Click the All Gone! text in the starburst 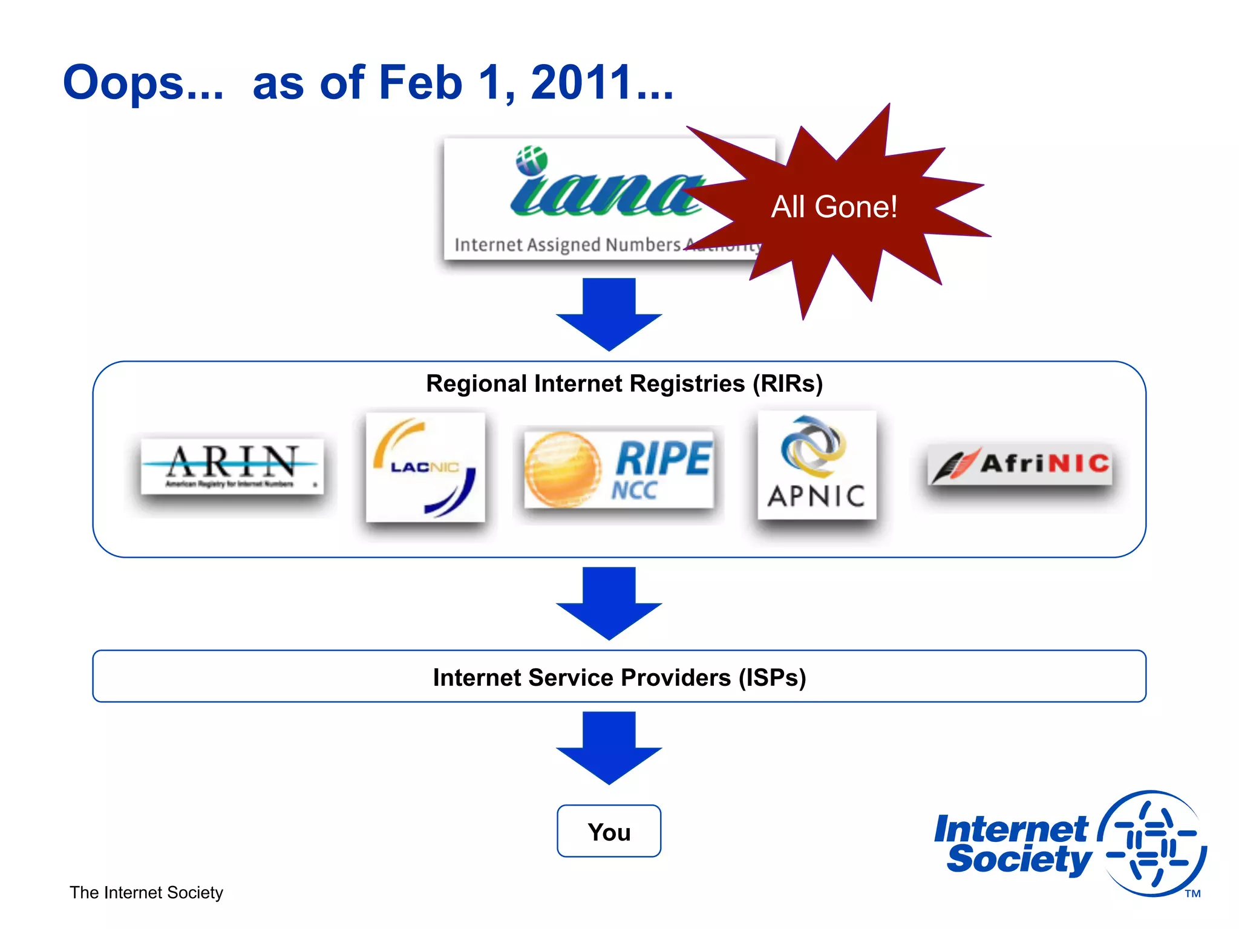(x=834, y=207)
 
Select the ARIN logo (x=232, y=466)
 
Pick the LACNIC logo (x=425, y=467)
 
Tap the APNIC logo (x=817, y=464)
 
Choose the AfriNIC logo (x=1020, y=464)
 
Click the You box (x=609, y=831)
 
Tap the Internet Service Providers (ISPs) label (x=619, y=677)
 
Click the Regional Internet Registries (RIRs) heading (x=624, y=383)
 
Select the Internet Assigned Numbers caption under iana (x=567, y=245)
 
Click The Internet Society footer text (x=146, y=893)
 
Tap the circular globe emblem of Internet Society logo (x=1152, y=843)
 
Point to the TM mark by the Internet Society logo (x=1192, y=893)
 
